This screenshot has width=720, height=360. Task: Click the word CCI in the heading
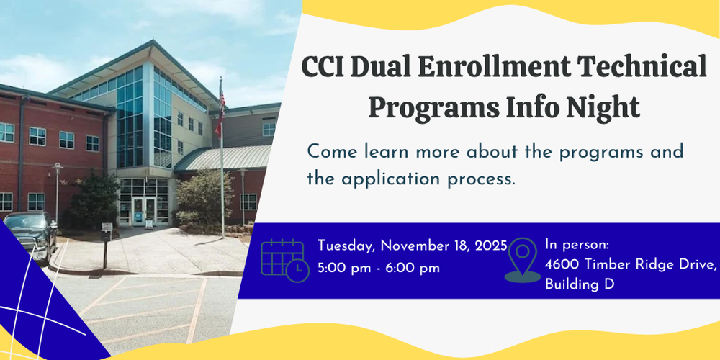tap(323, 68)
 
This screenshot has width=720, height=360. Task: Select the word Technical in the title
tap(648, 68)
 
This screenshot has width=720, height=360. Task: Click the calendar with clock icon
tap(284, 260)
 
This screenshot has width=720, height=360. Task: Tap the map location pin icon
tap(522, 260)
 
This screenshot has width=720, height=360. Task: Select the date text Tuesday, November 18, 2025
tap(413, 246)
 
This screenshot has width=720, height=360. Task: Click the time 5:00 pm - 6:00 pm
tap(378, 268)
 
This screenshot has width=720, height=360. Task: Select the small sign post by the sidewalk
tap(107, 238)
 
